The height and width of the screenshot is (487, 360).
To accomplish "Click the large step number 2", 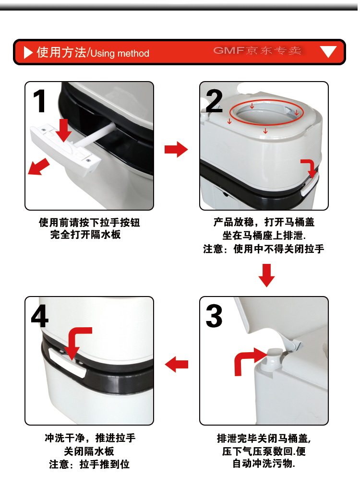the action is click(x=214, y=101).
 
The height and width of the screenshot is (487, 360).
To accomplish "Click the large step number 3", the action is click(x=214, y=316).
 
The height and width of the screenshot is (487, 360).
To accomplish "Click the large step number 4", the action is click(x=39, y=316).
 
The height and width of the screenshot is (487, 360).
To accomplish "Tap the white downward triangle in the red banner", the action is click(x=328, y=51).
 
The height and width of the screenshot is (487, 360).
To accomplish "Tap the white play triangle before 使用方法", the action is click(x=28, y=52).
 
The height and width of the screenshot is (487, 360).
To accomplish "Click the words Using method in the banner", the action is click(x=120, y=53).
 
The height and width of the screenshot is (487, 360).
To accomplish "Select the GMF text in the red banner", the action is click(x=229, y=50).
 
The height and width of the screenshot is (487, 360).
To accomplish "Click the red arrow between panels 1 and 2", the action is click(x=176, y=149).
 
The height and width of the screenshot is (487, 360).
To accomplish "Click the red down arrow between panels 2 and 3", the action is click(x=266, y=275).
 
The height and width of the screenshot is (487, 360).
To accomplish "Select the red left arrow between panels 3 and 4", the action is click(x=177, y=364).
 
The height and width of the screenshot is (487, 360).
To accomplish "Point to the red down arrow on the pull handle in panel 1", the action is click(x=64, y=131).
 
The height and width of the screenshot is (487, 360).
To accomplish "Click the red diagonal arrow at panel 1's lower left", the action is click(x=38, y=166).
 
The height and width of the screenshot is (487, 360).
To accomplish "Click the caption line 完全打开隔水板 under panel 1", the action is click(x=85, y=235).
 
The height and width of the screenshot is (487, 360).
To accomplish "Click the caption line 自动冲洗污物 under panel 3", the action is click(x=264, y=463).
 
